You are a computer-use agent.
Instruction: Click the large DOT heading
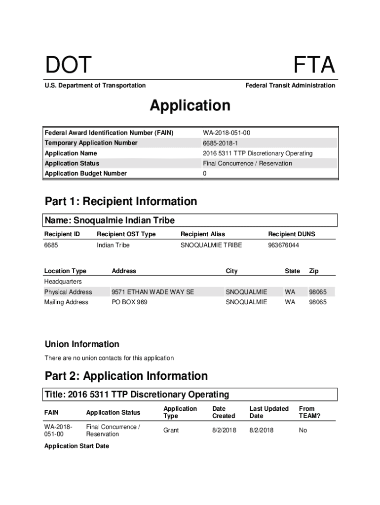(69, 66)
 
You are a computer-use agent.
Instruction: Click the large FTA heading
(314, 66)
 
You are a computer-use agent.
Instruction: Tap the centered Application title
(190, 106)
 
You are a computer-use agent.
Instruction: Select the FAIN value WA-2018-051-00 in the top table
(229, 133)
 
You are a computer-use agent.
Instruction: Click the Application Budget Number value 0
(205, 174)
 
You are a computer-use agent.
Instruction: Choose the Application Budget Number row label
(86, 174)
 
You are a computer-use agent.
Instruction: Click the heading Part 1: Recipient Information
(121, 201)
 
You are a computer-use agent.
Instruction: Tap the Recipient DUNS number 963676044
(283, 245)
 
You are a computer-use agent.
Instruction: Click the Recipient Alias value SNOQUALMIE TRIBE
(211, 245)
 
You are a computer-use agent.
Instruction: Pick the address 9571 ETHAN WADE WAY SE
(153, 292)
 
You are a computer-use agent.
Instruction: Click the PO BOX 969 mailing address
(129, 302)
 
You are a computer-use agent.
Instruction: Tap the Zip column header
(314, 271)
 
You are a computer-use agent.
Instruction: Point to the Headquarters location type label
(63, 282)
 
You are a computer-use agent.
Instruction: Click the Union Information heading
(82, 344)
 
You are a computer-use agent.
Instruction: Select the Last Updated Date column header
(269, 412)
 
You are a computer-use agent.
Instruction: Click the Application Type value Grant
(171, 431)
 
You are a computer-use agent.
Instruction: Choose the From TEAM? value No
(303, 431)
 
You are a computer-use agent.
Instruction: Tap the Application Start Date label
(76, 446)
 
